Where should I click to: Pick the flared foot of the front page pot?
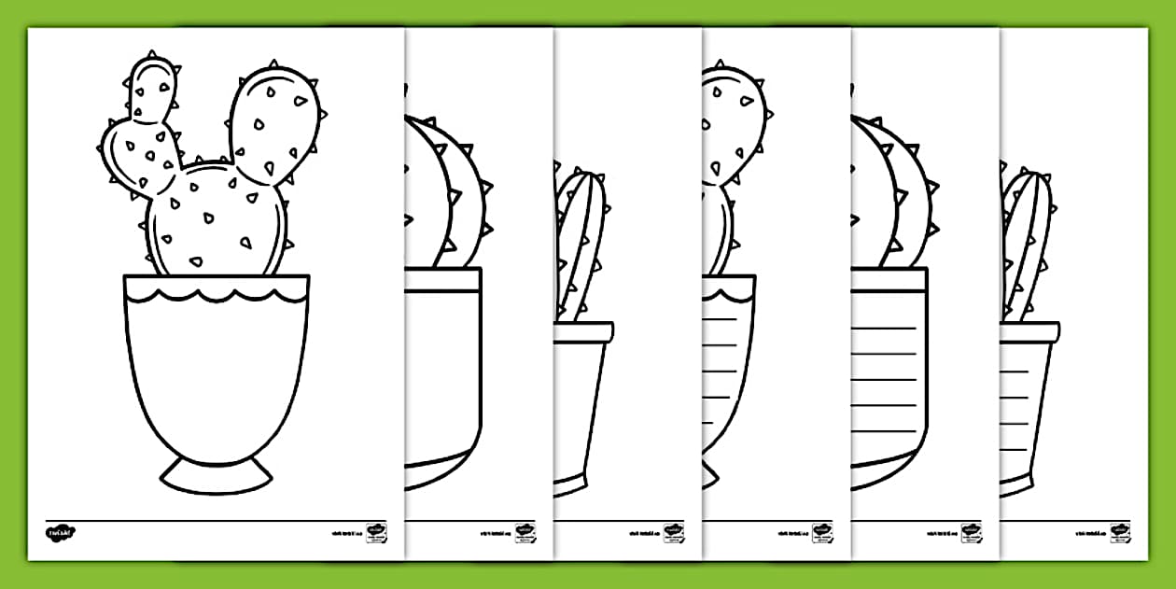(x=216, y=475)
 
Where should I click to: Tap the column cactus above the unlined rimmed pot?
(x=581, y=243)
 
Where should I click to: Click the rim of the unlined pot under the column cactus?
(x=582, y=330)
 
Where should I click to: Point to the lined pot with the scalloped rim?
(x=728, y=373)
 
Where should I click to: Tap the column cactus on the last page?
(x=1027, y=243)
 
